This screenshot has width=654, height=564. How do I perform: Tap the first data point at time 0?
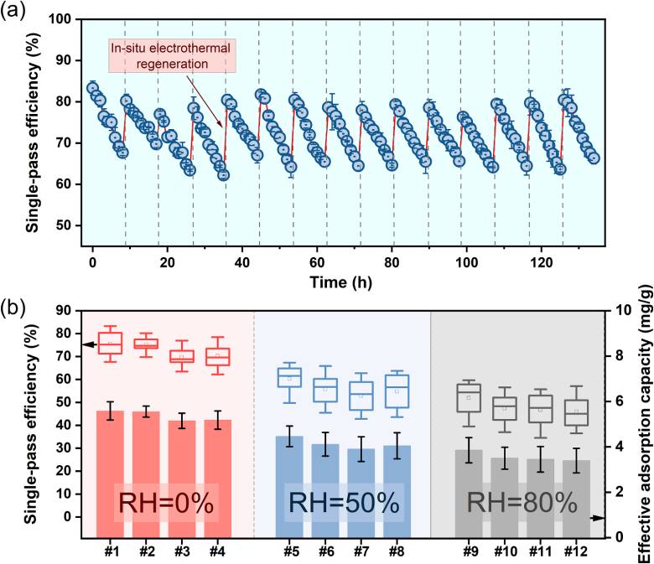[x=92, y=88]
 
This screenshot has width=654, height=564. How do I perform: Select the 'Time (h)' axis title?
[x=340, y=282]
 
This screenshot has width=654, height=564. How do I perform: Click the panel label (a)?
[x=13, y=9]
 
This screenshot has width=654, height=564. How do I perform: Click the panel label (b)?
[x=13, y=307]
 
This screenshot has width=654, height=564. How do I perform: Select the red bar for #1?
[x=110, y=473]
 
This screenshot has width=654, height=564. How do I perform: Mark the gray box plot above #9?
[x=469, y=403]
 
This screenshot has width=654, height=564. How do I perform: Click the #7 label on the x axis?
[x=361, y=551]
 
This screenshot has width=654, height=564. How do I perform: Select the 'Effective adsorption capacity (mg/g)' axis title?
[x=644, y=423]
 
